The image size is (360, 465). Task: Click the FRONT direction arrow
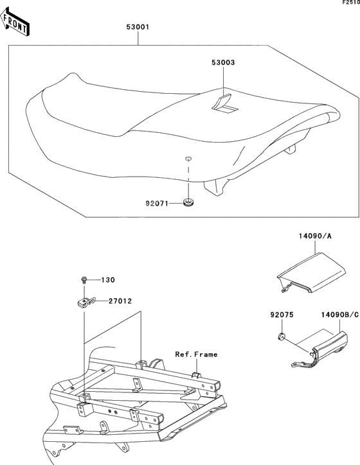(x=14, y=22)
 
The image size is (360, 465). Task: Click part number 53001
(x=138, y=27)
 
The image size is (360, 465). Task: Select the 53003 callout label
(x=223, y=62)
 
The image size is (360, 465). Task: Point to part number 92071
(x=157, y=204)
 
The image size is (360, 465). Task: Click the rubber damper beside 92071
(x=188, y=203)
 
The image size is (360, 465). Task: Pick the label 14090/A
(x=315, y=236)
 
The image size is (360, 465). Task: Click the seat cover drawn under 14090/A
(x=312, y=273)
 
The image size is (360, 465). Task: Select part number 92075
(x=282, y=315)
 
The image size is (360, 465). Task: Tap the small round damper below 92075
(x=282, y=337)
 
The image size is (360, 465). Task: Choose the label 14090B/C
(x=340, y=315)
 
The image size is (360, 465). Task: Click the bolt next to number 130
(x=84, y=279)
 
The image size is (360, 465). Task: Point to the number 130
(x=108, y=280)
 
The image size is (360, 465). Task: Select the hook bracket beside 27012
(x=85, y=303)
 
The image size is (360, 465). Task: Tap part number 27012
(x=120, y=301)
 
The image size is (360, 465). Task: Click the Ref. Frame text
(x=196, y=355)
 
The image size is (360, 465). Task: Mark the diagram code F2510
(x=351, y=3)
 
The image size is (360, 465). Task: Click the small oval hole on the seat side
(x=188, y=159)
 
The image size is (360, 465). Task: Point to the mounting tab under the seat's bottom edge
(x=214, y=188)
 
